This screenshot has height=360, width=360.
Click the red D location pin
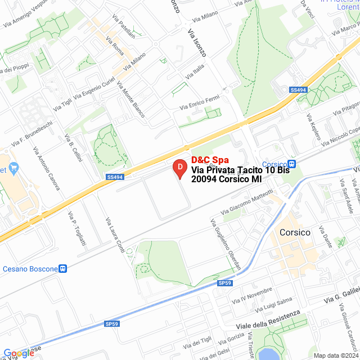(179, 167)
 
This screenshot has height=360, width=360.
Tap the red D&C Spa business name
(210, 160)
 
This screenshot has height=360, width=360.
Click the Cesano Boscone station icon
(63, 269)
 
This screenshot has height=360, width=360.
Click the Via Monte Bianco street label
(130, 100)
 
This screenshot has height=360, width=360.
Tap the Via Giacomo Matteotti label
(247, 202)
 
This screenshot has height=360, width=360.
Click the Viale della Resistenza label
(264, 319)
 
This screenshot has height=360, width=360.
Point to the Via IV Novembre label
(249, 296)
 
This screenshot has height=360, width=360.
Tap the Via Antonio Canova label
(47, 169)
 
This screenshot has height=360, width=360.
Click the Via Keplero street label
(313, 128)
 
